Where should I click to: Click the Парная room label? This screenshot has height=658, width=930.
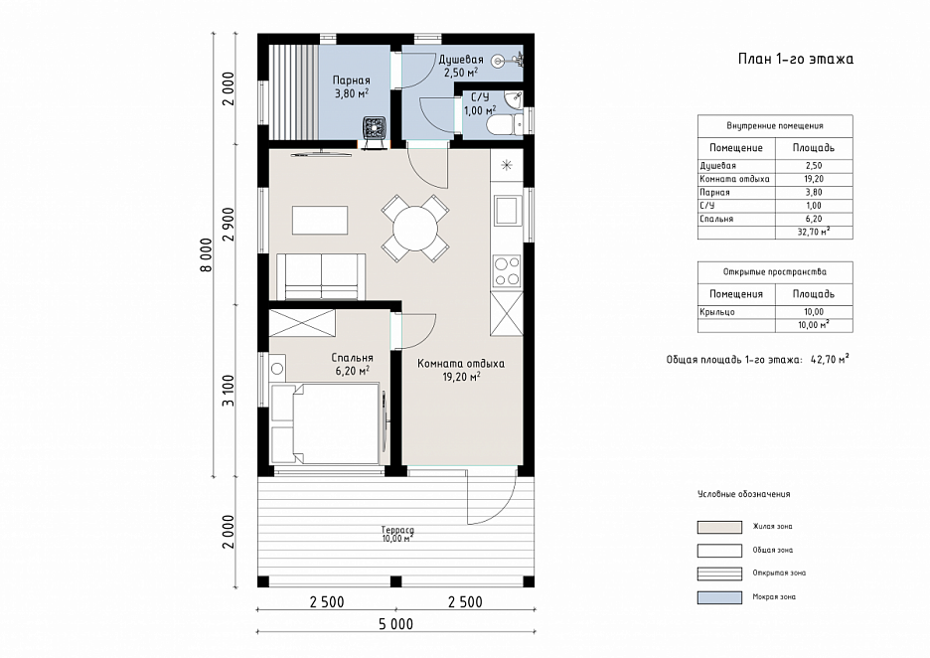(x=351, y=81)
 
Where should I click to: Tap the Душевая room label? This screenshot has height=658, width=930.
(x=461, y=60)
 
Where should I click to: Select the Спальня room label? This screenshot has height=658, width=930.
(x=353, y=358)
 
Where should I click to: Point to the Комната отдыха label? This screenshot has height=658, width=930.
(x=461, y=364)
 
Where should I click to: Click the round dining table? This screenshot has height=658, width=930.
(x=415, y=229)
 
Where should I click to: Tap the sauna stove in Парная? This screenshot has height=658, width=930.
(x=375, y=129)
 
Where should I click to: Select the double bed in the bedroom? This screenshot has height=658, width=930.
(x=325, y=423)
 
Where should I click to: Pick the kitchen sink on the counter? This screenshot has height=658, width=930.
(x=507, y=210)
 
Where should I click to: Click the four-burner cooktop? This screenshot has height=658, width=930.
(x=507, y=271)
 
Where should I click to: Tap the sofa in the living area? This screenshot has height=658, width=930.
(x=321, y=276)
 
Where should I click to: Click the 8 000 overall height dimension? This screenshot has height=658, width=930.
(x=206, y=255)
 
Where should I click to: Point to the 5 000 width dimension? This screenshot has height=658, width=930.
(x=396, y=624)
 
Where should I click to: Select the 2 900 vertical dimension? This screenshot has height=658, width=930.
(x=229, y=225)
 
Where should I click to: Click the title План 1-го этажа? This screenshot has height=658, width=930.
(x=796, y=59)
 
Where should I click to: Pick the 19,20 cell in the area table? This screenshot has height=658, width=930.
(x=814, y=179)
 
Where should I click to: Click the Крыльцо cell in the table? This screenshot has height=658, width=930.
(x=717, y=312)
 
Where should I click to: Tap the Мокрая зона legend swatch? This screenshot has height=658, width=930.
(x=719, y=597)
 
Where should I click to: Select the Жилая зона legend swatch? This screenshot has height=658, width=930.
(x=719, y=527)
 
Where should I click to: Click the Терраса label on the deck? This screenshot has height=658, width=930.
(x=397, y=530)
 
